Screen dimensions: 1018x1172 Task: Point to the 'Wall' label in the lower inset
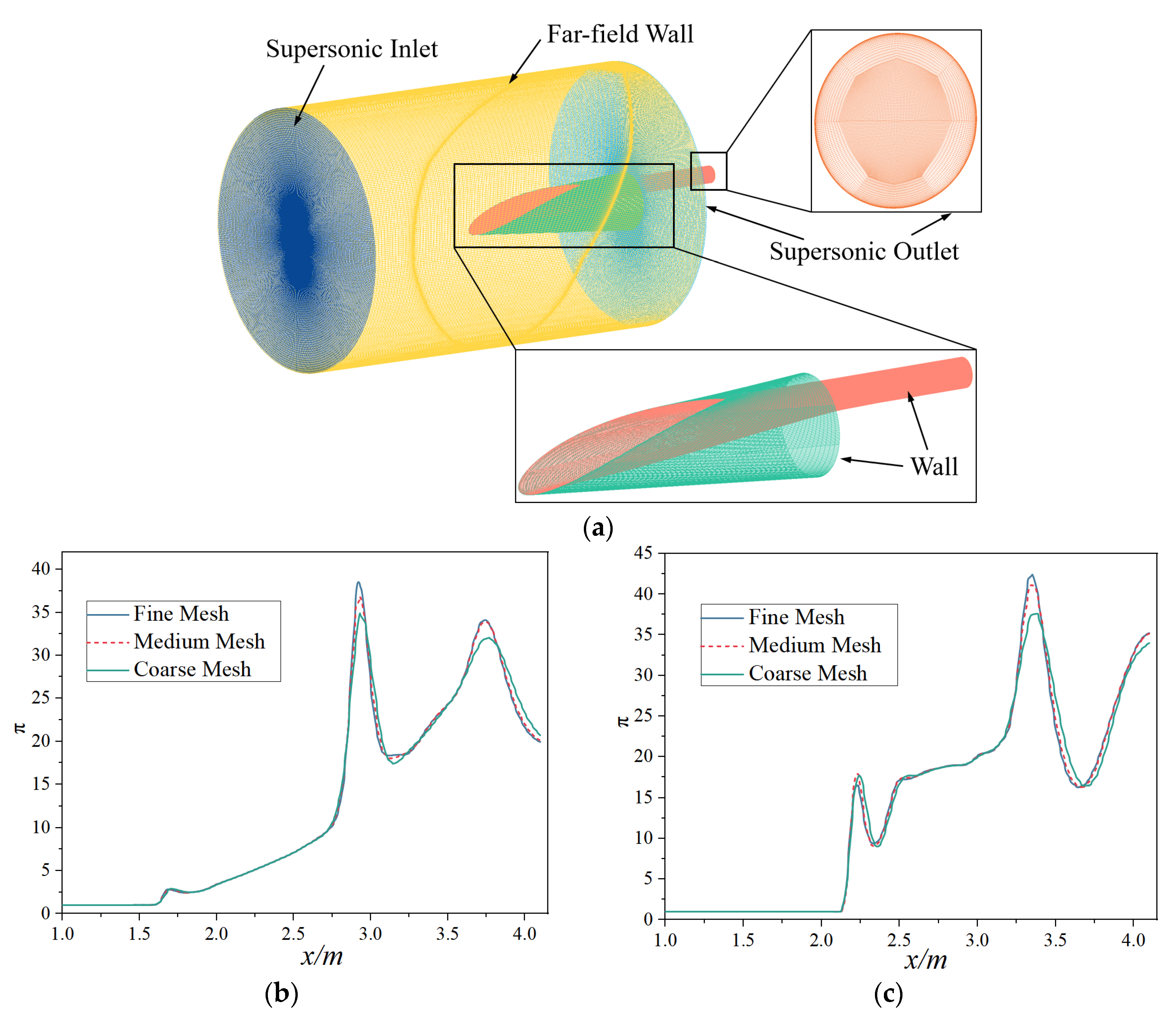click(x=934, y=467)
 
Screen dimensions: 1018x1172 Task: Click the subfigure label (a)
click(x=598, y=528)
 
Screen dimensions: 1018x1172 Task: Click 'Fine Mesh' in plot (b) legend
click(x=181, y=614)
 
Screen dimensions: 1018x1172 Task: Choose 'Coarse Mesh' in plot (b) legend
click(x=192, y=670)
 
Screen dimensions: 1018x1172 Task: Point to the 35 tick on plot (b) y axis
click(x=41, y=612)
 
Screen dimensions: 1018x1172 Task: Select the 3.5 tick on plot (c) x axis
click(x=1055, y=940)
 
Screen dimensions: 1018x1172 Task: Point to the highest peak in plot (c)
click(x=1032, y=575)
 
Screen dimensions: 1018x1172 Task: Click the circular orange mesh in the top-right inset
click(x=895, y=120)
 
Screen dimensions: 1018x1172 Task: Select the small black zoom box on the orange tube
click(x=708, y=171)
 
